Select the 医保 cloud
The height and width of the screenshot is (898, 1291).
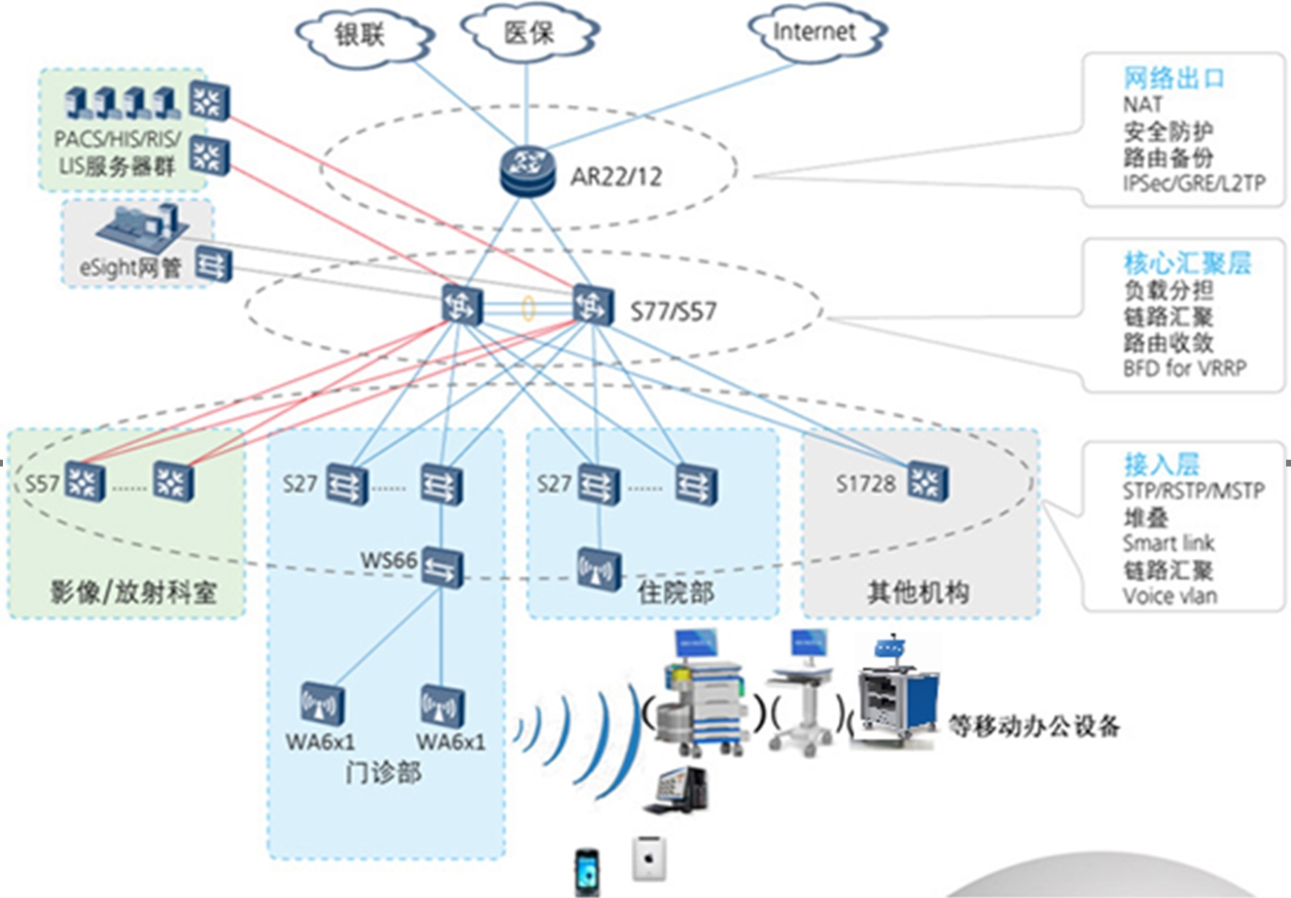coord(528,34)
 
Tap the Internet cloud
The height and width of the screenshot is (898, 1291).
coord(815,32)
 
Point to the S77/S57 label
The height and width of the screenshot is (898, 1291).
coord(673,312)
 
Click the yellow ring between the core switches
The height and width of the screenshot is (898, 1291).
coord(528,308)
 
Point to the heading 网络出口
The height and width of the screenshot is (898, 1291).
coord(1173,79)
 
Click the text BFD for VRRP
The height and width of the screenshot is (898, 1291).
coord(1183,368)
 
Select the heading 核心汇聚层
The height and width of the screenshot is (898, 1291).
coord(1187,263)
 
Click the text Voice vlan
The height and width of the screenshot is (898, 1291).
coord(1169,596)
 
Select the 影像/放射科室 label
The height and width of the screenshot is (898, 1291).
coord(133,592)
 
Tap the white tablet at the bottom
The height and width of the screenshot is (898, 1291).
coord(646,858)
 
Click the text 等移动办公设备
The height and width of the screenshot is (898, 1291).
coord(1033,725)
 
